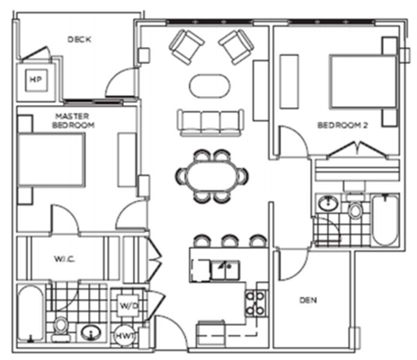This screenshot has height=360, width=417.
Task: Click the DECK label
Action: (79, 39)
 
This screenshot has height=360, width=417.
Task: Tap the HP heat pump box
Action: (36, 80)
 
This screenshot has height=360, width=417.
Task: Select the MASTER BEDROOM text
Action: (73, 121)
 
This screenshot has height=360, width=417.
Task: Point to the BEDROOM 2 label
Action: (343, 125)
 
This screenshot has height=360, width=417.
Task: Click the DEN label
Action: (308, 301)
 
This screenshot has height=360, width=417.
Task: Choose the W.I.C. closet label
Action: (65, 258)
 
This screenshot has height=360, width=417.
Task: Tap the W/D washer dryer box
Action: (128, 305)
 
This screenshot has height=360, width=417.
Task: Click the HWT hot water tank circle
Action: (124, 336)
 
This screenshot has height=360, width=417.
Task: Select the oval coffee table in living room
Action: (210, 86)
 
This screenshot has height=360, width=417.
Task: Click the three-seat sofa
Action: (210, 123)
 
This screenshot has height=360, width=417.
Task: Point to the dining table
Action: (212, 176)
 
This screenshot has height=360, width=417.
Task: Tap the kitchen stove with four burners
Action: (255, 303)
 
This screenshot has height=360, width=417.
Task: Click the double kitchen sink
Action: (225, 270)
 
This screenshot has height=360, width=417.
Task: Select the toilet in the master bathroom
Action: (61, 329)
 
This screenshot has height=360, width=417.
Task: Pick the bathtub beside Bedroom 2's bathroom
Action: (385, 220)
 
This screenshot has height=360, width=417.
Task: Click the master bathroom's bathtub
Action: (31, 313)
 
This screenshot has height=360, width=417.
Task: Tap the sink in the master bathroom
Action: (91, 333)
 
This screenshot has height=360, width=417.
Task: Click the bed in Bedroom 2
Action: (364, 82)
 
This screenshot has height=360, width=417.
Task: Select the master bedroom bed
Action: (51, 160)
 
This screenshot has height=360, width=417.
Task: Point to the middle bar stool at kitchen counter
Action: (230, 241)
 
